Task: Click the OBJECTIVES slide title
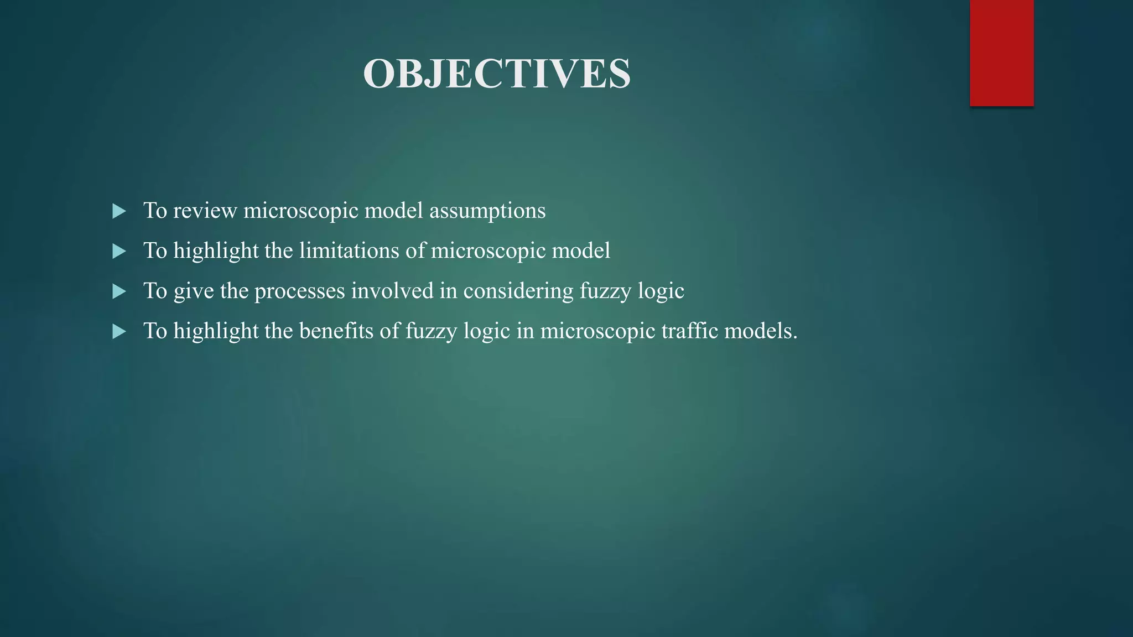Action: coord(496,74)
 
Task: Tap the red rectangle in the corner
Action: coord(1001,53)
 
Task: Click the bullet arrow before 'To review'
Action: coord(119,211)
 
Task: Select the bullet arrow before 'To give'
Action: coord(119,291)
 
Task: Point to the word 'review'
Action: coord(205,211)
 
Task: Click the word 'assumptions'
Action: coord(487,211)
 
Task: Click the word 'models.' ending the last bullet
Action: coord(761,331)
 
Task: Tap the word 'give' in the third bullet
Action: coord(194,291)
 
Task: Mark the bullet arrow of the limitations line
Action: coord(119,252)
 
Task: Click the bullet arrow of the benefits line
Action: coord(119,332)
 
